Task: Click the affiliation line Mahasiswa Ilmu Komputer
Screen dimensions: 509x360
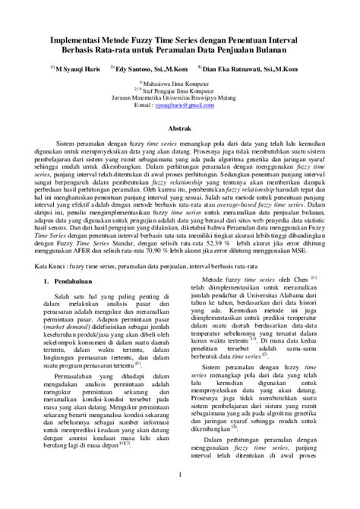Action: point(182,82)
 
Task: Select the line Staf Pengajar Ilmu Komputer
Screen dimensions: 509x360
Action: point(182,89)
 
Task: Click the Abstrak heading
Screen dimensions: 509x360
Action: point(180,130)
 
